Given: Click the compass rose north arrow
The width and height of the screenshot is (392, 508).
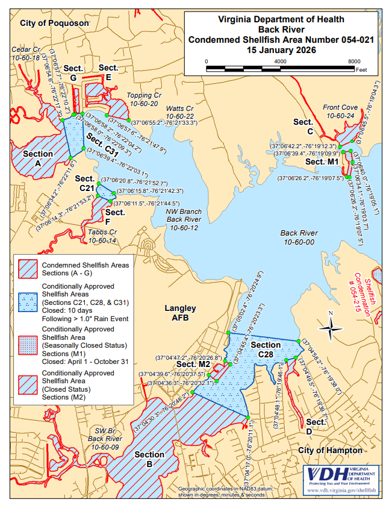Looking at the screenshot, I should [x=330, y=327].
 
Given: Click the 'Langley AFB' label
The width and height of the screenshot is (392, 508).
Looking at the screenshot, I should [x=181, y=313].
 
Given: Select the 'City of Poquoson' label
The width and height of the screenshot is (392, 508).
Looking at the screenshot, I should [x=54, y=23].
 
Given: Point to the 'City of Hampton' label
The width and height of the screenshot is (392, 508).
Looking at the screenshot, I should [x=331, y=450].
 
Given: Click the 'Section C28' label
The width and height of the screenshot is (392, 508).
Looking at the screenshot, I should [x=266, y=350].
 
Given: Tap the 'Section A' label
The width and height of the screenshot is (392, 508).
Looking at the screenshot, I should [x=38, y=158].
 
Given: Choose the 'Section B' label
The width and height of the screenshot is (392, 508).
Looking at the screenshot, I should [x=149, y=459].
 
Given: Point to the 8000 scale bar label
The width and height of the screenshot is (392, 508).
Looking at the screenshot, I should [x=355, y=61].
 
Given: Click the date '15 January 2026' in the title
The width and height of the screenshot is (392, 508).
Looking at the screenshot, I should [x=281, y=51].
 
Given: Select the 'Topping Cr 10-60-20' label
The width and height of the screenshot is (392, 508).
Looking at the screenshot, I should [x=144, y=99].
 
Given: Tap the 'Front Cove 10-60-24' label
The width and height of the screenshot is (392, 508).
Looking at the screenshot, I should [x=340, y=111].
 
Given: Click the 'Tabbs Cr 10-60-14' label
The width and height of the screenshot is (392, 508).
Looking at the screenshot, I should [x=102, y=236].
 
